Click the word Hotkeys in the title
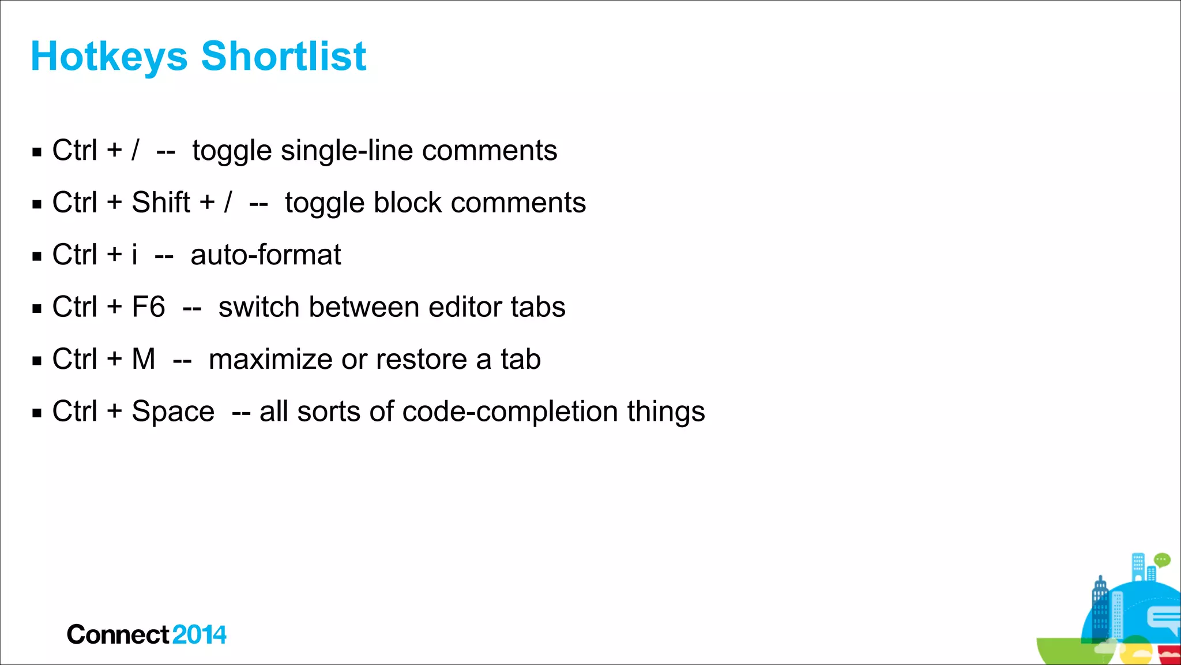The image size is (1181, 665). [109, 57]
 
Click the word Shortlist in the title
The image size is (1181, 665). [283, 57]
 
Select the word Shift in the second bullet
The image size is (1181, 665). [161, 203]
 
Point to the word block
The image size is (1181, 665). [408, 203]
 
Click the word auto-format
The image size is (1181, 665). [266, 255]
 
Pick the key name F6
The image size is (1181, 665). [148, 307]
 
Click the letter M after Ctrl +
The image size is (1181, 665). [144, 359]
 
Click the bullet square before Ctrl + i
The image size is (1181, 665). [37, 256]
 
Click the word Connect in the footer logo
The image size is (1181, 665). [118, 635]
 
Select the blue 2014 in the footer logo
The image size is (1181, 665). [199, 635]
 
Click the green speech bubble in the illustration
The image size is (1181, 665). [1162, 559]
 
